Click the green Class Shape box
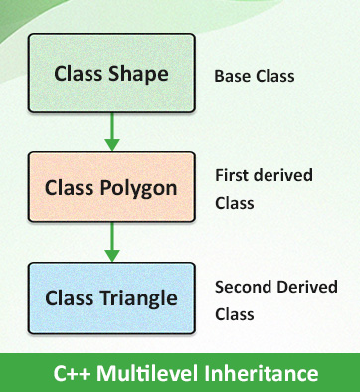pyautogui.click(x=111, y=74)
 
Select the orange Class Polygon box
pyautogui.click(x=111, y=186)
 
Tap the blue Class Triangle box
pyautogui.click(x=111, y=297)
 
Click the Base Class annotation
pyautogui.click(x=255, y=76)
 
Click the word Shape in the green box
pyautogui.click(x=137, y=74)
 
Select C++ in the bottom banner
pyautogui.click(x=71, y=374)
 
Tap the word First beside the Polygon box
pyautogui.click(x=231, y=175)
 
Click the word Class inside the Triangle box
pyautogui.click(x=68, y=297)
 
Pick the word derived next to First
pyautogui.click(x=282, y=175)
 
